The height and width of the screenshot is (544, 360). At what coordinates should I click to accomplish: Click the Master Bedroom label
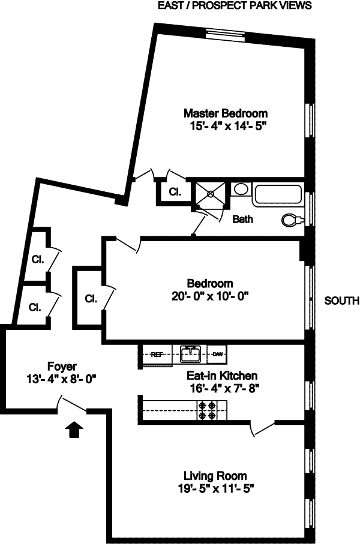pyautogui.click(x=225, y=113)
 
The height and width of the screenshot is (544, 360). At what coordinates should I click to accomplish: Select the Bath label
pyautogui.click(x=242, y=219)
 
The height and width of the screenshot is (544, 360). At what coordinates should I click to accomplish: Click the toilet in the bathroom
pyautogui.click(x=291, y=221)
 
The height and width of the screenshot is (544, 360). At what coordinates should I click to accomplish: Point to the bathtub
pyautogui.click(x=277, y=194)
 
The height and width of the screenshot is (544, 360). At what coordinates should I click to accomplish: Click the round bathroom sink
pyautogui.click(x=241, y=190)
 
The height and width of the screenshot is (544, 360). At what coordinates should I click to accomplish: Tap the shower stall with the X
pyautogui.click(x=210, y=194)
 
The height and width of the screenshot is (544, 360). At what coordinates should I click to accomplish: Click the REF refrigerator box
pyautogui.click(x=157, y=354)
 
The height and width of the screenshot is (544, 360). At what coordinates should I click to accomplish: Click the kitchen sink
pyautogui.click(x=191, y=354)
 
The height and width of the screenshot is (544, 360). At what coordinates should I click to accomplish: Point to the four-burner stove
pyautogui.click(x=211, y=410)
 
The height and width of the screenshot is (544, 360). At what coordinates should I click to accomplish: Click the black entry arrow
pyautogui.click(x=74, y=430)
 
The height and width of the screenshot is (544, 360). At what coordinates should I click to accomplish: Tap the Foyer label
pyautogui.click(x=62, y=366)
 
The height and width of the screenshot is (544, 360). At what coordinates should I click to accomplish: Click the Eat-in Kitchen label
pyautogui.click(x=221, y=376)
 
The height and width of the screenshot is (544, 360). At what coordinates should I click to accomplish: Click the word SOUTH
pyautogui.click(x=341, y=300)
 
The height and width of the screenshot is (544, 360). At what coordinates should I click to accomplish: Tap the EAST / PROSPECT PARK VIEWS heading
pyautogui.click(x=234, y=6)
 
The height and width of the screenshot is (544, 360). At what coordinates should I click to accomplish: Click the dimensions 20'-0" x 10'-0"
pyautogui.click(x=209, y=295)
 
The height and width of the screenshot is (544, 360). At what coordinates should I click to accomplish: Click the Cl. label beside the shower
pyautogui.click(x=175, y=192)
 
